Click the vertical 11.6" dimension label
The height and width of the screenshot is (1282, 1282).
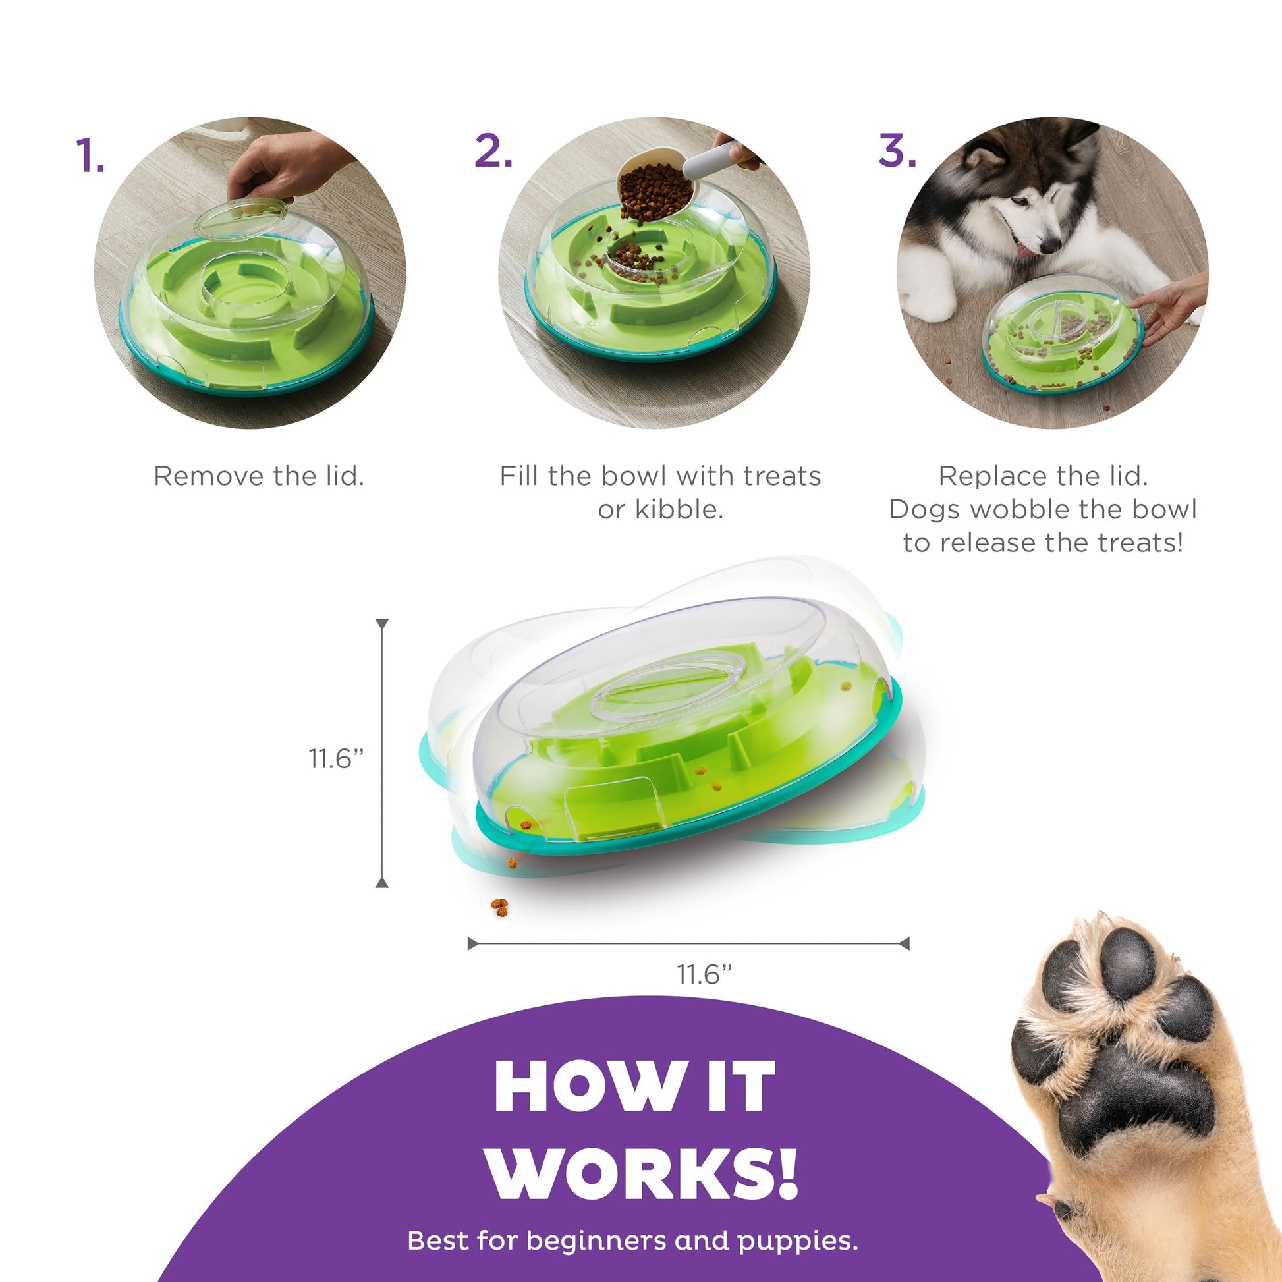[337, 758]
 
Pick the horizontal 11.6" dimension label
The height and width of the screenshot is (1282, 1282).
[704, 975]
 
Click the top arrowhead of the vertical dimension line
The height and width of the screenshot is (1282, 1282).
[381, 624]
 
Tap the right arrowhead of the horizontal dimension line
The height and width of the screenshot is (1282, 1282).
[904, 943]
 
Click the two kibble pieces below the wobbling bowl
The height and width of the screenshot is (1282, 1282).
[499, 907]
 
